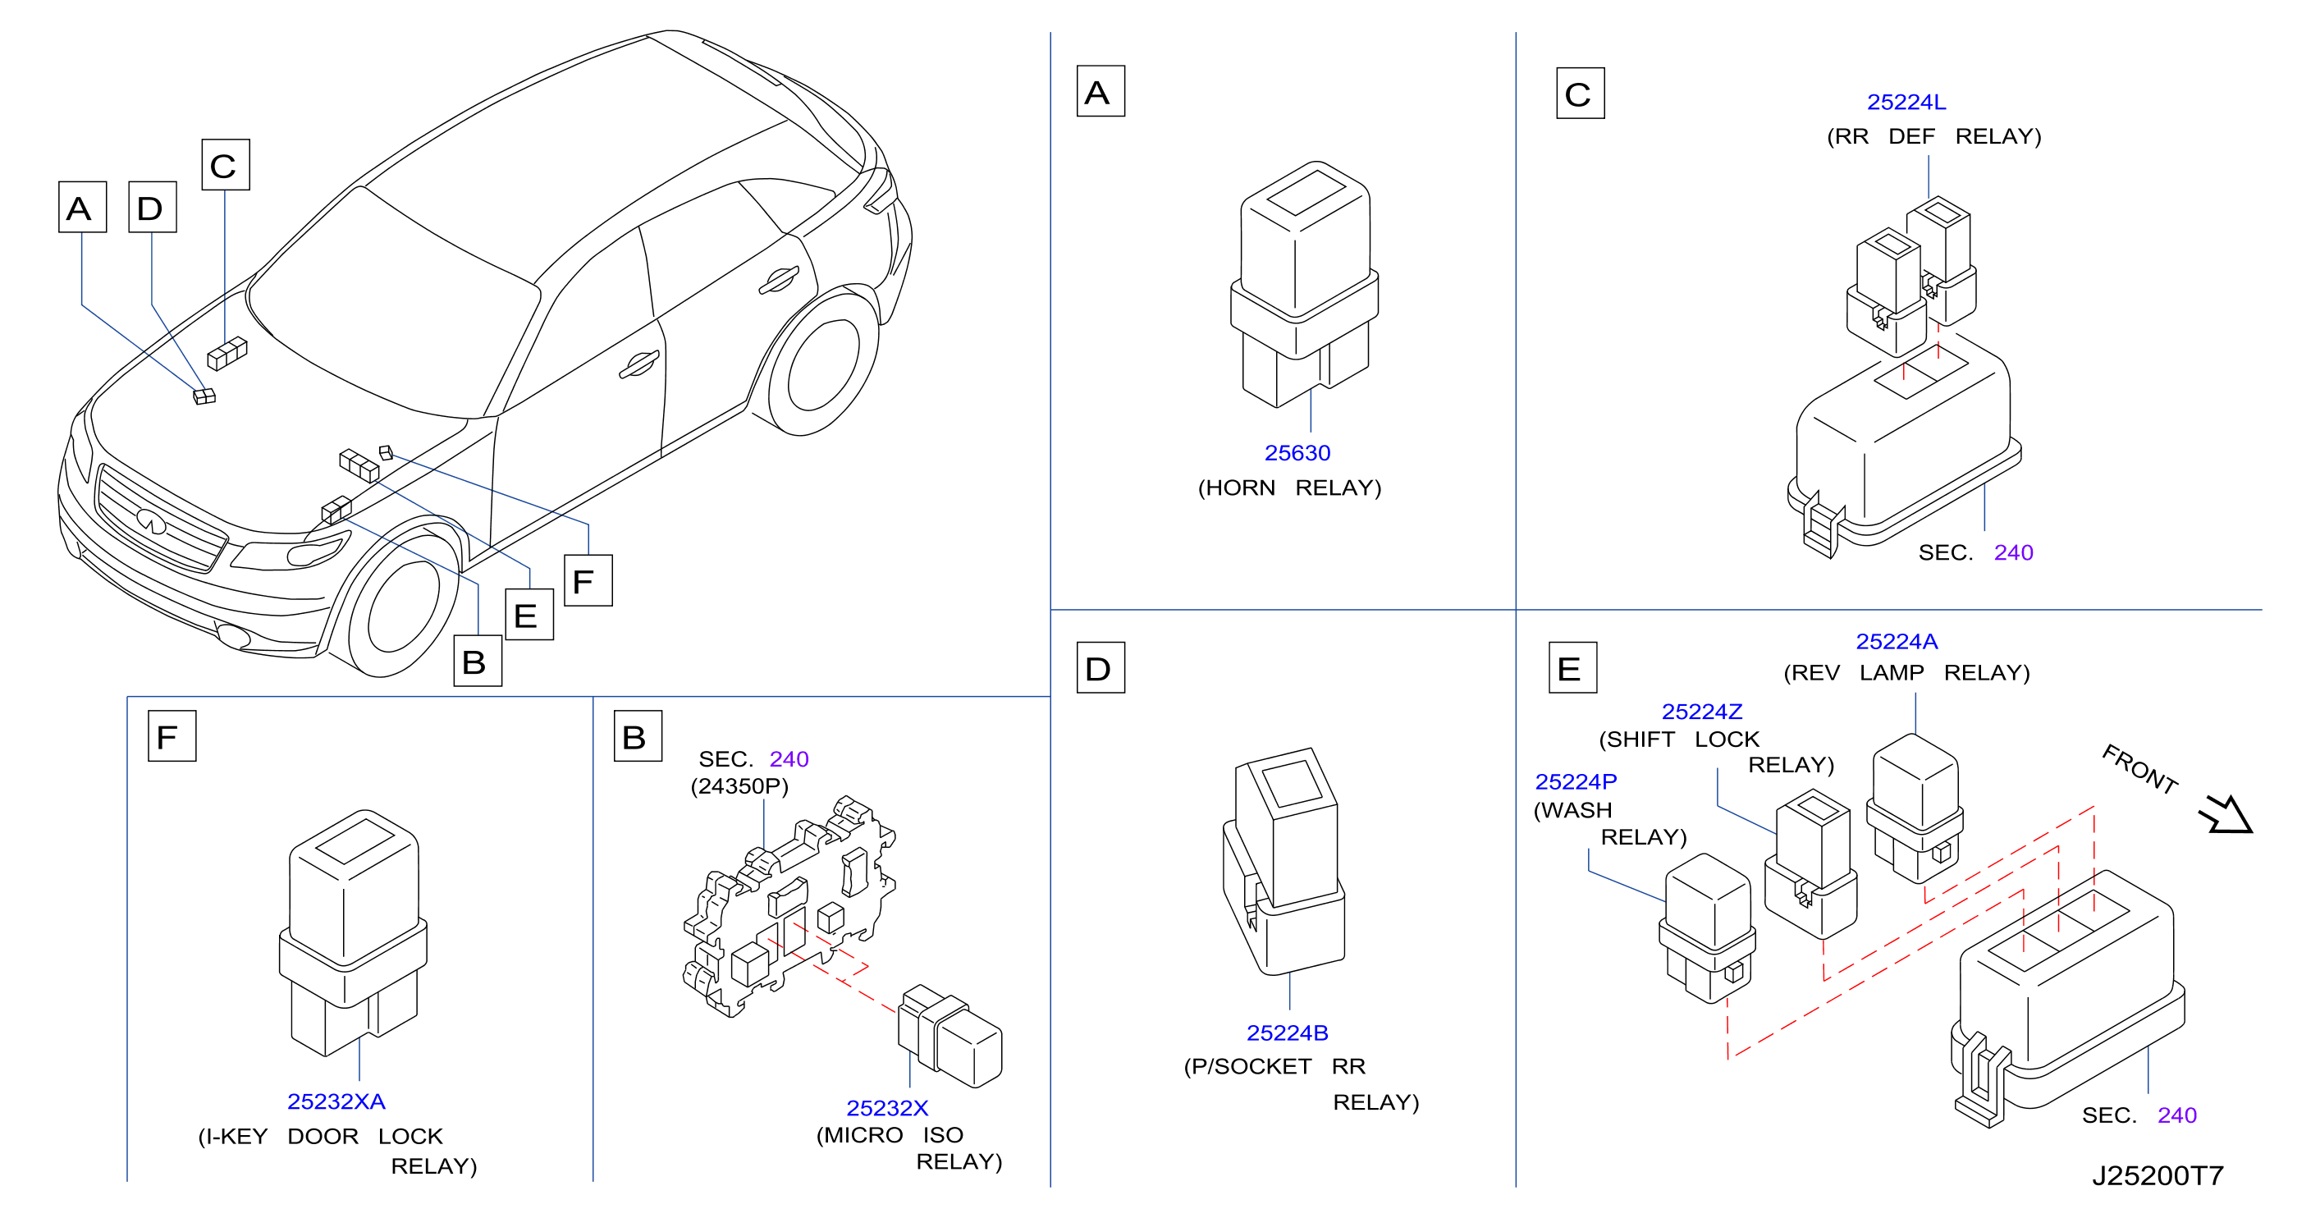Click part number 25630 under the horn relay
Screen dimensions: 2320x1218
tap(1297, 452)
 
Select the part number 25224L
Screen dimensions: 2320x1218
tap(1906, 102)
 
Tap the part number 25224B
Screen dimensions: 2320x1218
tap(1287, 1033)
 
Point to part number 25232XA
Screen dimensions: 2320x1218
tap(336, 1101)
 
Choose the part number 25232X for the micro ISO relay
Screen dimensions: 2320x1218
tap(886, 1107)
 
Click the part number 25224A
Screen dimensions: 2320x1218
tap(1896, 642)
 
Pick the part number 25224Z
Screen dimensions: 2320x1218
tap(1701, 712)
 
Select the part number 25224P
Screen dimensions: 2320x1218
tap(1575, 781)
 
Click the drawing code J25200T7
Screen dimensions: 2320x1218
tap(2157, 1174)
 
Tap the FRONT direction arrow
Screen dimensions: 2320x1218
tap(2225, 813)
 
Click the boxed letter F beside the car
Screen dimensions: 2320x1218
tap(588, 581)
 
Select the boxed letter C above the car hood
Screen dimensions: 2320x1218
tap(225, 165)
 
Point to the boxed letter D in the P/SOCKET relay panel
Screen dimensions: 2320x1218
tap(1101, 667)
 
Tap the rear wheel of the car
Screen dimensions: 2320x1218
tap(822, 365)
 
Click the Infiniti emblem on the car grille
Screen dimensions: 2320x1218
tap(151, 520)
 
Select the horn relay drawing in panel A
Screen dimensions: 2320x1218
tap(1303, 285)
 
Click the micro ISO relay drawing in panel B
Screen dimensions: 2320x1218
tap(950, 1036)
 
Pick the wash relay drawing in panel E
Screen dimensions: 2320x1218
tap(1707, 929)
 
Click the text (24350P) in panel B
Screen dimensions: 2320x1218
tap(739, 786)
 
